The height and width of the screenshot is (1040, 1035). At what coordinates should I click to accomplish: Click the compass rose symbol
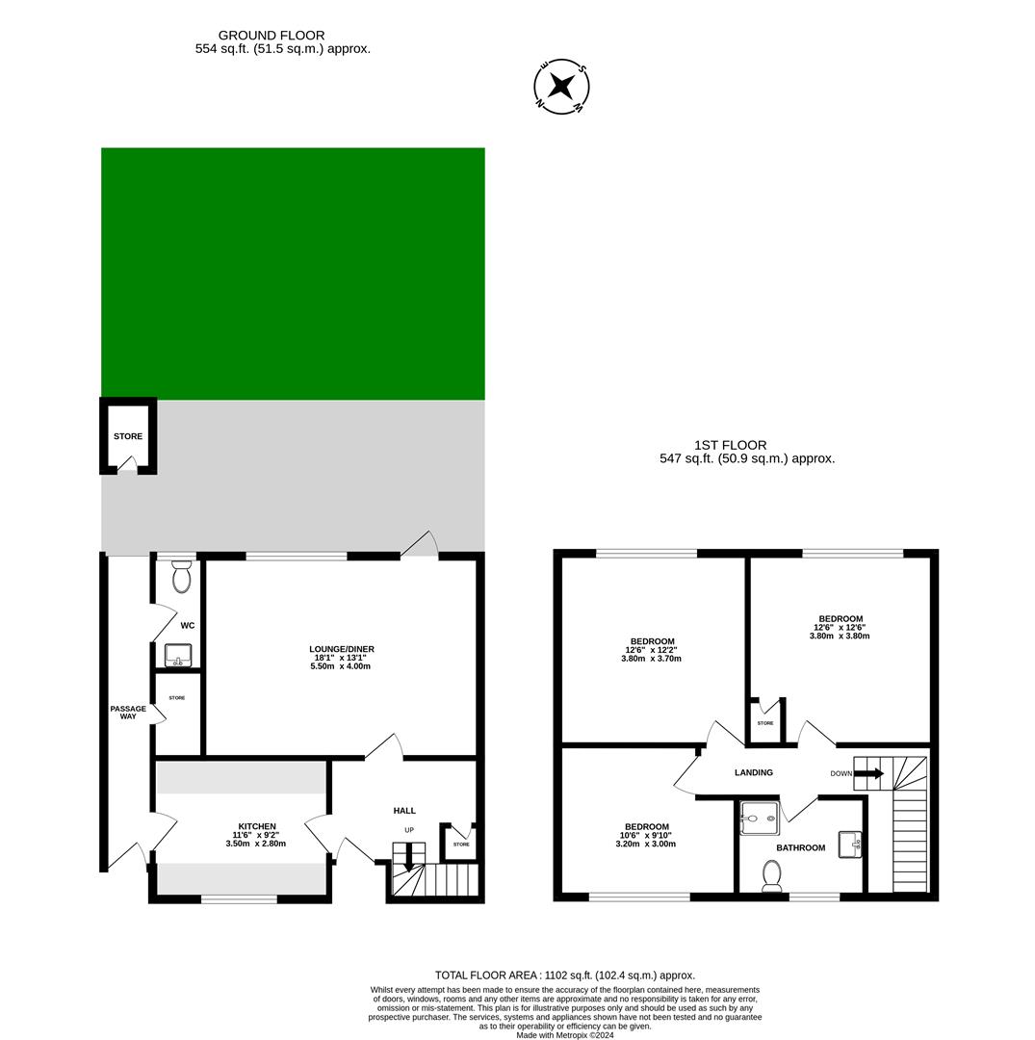(561, 87)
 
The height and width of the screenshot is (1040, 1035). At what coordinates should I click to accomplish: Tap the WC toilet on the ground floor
(181, 578)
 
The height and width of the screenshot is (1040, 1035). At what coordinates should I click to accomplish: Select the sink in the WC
(178, 656)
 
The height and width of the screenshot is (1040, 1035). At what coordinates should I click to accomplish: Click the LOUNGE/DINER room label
(341, 649)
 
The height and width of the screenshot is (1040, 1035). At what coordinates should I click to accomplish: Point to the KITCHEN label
(257, 826)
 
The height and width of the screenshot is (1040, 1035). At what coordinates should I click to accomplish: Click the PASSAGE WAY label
(128, 713)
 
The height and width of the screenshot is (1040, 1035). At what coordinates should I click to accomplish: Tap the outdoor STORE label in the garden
(128, 436)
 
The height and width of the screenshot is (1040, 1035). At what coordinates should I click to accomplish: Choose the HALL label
(404, 811)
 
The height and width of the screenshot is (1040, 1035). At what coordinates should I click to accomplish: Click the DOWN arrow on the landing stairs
(869, 772)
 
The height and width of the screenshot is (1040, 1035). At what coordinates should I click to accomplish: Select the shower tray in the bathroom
(759, 819)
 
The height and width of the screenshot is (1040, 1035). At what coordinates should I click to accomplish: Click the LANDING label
(754, 772)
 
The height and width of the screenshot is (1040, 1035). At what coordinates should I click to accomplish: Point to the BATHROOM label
(801, 847)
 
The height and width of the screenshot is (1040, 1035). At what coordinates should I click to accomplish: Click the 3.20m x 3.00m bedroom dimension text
(646, 844)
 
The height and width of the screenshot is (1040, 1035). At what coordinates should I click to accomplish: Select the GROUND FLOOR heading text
(272, 36)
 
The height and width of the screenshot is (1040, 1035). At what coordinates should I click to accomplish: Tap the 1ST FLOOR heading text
(731, 445)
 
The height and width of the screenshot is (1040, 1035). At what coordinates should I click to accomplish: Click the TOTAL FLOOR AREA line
(564, 975)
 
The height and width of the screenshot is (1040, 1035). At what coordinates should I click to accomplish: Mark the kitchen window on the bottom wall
(239, 899)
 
